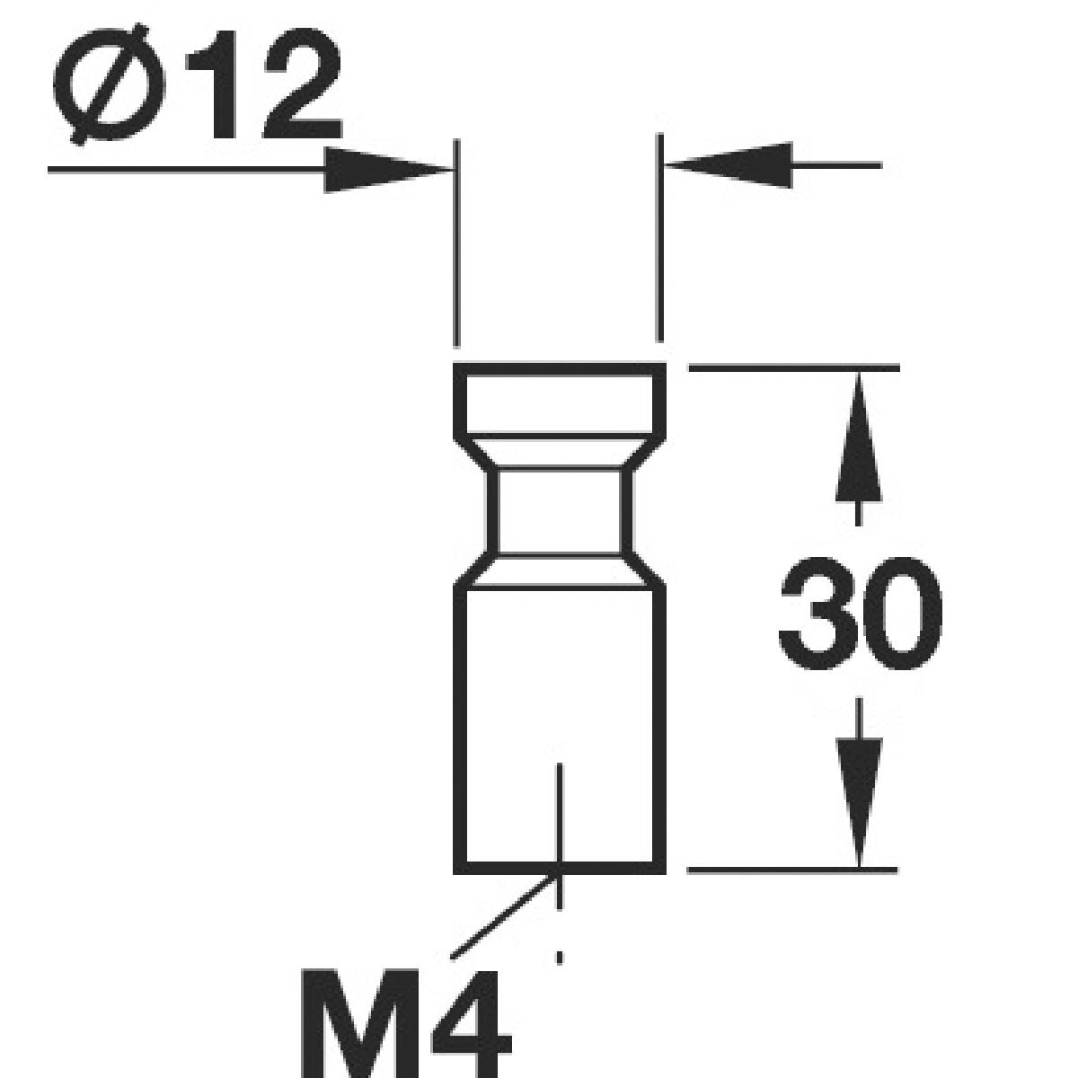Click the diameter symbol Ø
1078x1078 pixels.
point(110,84)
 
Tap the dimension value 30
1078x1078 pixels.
point(860,614)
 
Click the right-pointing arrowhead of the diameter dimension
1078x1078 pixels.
point(386,168)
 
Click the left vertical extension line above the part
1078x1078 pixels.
point(458,243)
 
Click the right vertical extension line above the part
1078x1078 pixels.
point(660,238)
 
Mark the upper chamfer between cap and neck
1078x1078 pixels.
point(560,454)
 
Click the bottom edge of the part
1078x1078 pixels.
point(503,867)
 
